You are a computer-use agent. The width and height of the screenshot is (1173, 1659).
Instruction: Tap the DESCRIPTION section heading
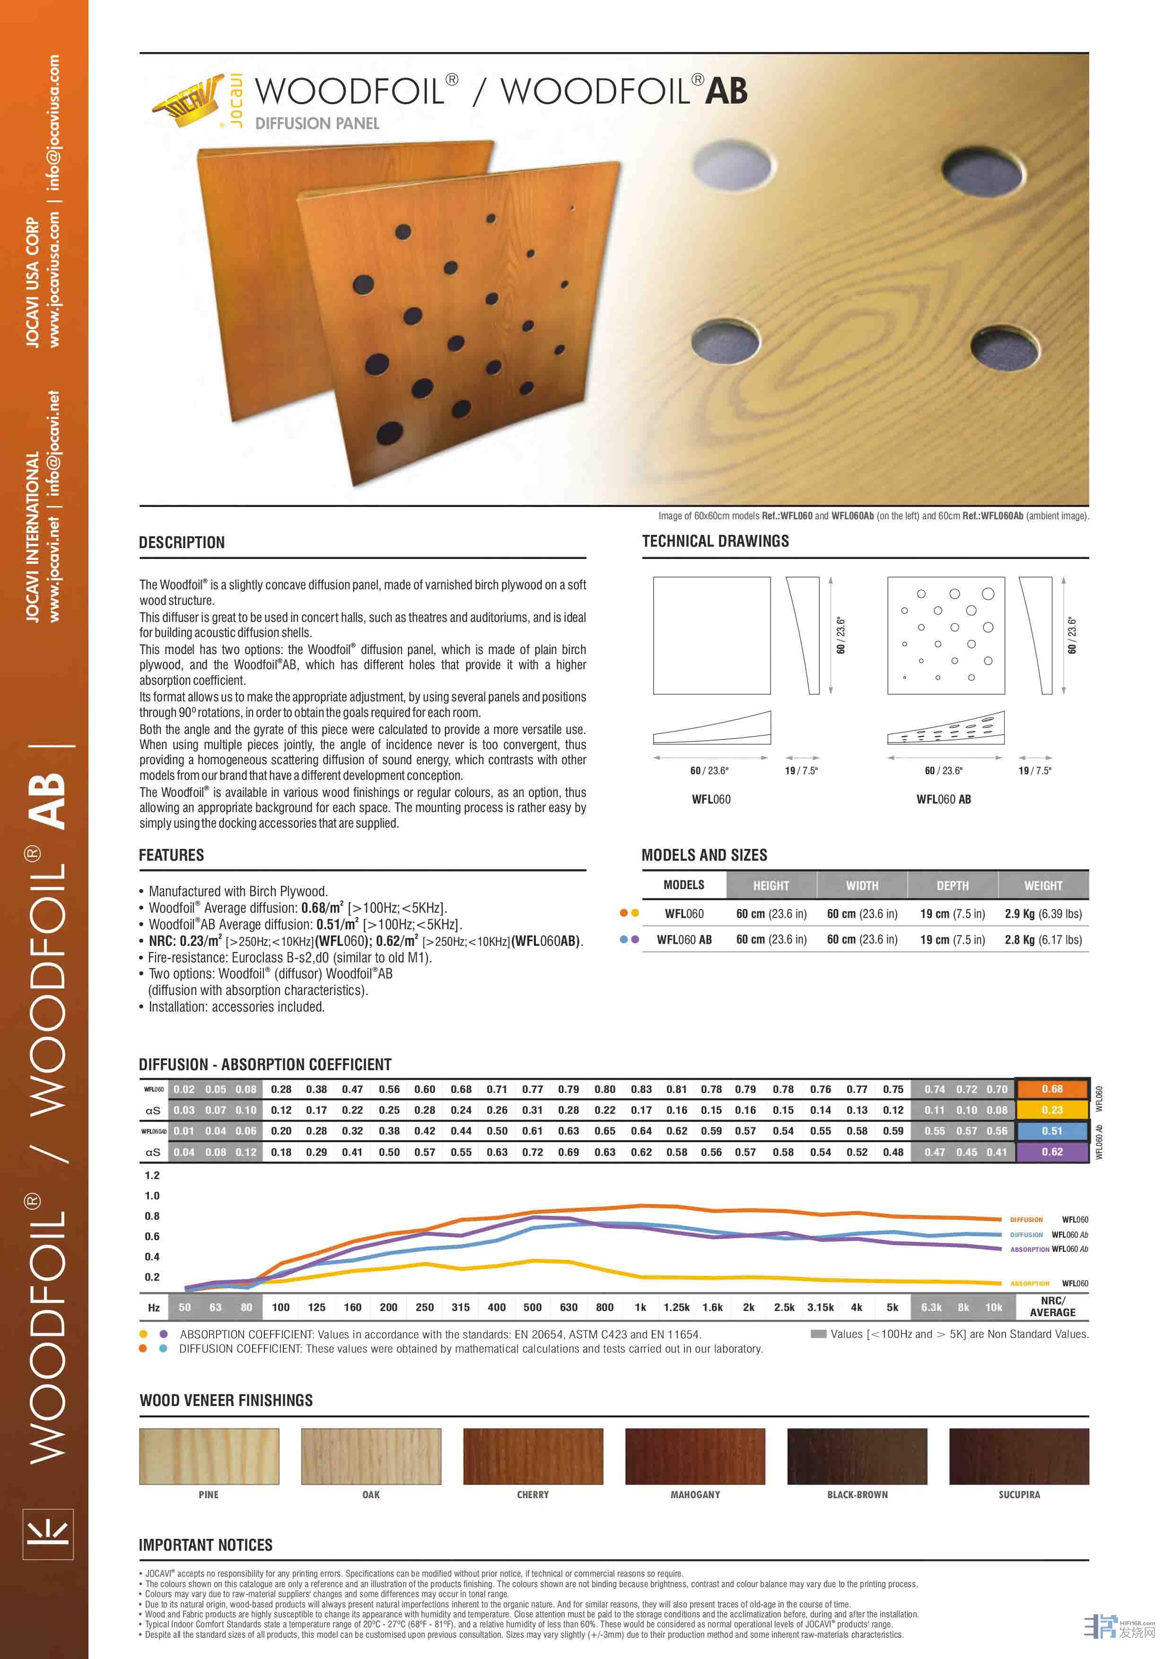[x=182, y=542]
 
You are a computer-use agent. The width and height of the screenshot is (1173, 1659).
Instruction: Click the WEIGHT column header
[x=1043, y=885]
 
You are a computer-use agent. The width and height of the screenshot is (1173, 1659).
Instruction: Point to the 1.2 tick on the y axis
[x=152, y=1176]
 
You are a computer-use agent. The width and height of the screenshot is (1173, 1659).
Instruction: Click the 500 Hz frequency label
[x=532, y=1307]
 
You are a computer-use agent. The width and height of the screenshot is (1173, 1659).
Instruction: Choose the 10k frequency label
[x=994, y=1307]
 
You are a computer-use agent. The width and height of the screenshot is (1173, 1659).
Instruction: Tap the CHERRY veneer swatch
[x=533, y=1456]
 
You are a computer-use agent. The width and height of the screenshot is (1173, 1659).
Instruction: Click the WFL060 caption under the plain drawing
[x=711, y=799]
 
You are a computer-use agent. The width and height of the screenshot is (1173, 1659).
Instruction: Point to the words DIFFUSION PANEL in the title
[x=317, y=123]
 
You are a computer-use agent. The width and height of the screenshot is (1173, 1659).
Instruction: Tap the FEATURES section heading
[x=171, y=856]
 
